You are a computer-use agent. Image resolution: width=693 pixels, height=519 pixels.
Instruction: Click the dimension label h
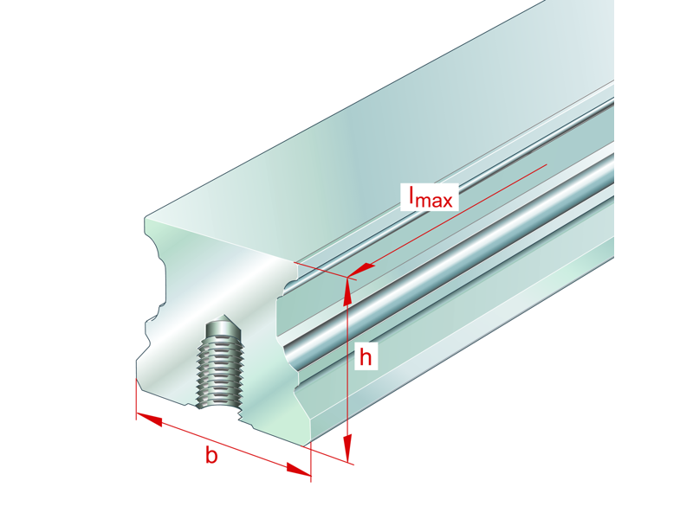[x=366, y=356]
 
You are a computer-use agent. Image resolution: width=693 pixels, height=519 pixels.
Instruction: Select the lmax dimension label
[x=430, y=198]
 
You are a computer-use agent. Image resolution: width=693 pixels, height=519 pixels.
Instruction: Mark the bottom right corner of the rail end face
[x=308, y=445]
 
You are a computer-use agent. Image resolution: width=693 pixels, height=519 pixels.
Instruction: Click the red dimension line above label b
[x=224, y=445]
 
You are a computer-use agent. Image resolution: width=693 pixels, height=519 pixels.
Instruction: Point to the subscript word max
[x=438, y=202]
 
